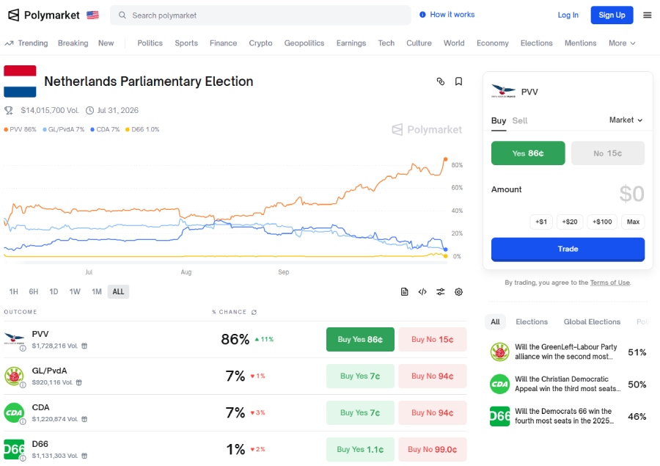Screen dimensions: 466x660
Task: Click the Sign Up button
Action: pos(612,15)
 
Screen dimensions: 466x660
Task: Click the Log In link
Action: pos(568,15)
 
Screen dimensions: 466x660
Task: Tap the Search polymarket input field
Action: pos(264,15)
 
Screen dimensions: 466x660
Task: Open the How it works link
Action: pos(447,15)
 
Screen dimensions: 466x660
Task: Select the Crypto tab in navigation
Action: pos(260,43)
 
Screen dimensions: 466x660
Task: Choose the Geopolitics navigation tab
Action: pos(304,43)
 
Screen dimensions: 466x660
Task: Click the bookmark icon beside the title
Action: pos(458,81)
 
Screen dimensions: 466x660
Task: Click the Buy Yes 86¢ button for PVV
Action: pos(360,340)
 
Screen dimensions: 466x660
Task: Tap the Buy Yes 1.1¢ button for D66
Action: pos(360,449)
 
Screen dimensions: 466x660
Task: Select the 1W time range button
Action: pos(75,291)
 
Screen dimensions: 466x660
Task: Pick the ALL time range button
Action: pos(118,291)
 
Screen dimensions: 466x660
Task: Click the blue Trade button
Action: pos(568,249)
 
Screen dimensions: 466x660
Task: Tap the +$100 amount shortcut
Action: pos(601,222)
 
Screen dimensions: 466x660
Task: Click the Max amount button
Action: pos(633,222)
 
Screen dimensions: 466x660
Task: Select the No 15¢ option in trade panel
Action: pos(608,153)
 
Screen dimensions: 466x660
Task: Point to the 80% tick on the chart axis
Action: pos(457,165)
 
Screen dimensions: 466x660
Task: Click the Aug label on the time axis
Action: pos(186,272)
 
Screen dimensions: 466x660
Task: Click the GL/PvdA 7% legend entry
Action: pos(66,129)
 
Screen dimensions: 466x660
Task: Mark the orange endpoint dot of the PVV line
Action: pos(445,159)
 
